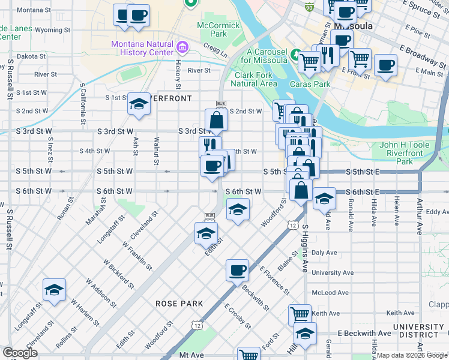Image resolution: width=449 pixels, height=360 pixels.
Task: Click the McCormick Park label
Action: [x=219, y=30]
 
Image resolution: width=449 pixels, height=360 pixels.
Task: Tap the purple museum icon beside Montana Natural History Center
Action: [x=183, y=46]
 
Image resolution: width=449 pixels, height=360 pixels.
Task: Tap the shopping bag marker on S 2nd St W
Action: [x=216, y=120]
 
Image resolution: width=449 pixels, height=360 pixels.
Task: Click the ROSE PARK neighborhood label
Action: [x=179, y=304]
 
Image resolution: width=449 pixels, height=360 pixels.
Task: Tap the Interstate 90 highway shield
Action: [x=309, y=7]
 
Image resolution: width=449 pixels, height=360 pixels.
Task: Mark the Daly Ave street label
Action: [x=324, y=253]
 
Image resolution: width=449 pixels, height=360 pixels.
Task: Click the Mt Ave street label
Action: [x=191, y=355]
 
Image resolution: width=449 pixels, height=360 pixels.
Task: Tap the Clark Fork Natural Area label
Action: [x=255, y=79]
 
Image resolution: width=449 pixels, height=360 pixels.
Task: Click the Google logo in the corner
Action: [x=20, y=353]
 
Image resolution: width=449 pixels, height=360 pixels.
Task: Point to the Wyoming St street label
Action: [x=53, y=29]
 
